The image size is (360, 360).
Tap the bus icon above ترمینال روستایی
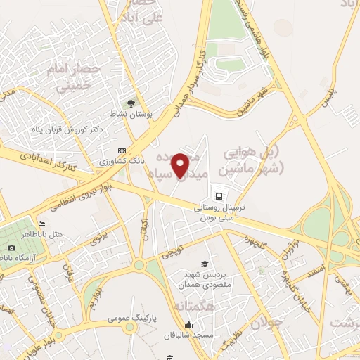(x=218, y=195)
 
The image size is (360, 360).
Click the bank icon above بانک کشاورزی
(x=122, y=150)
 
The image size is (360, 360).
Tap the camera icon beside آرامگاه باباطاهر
(x=11, y=247)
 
